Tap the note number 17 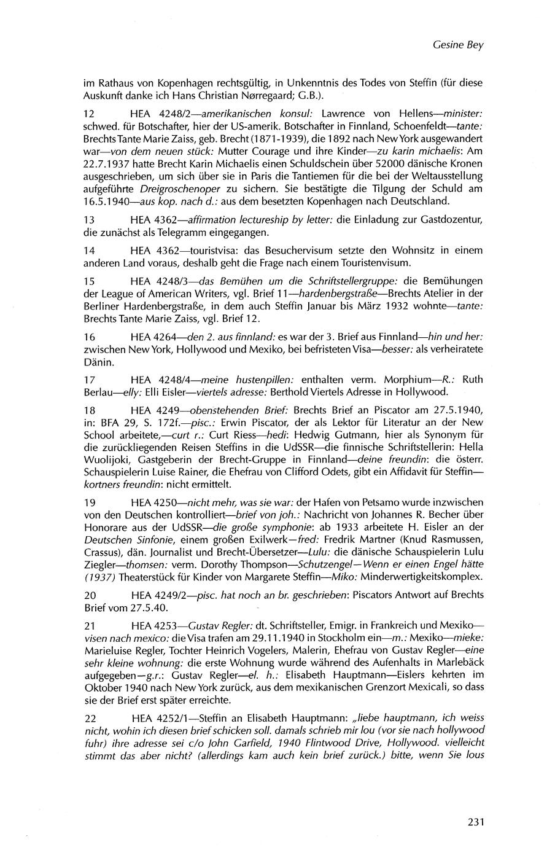tap(89, 379)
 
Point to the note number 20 tap(89, 595)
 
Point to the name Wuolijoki tap(107, 455)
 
